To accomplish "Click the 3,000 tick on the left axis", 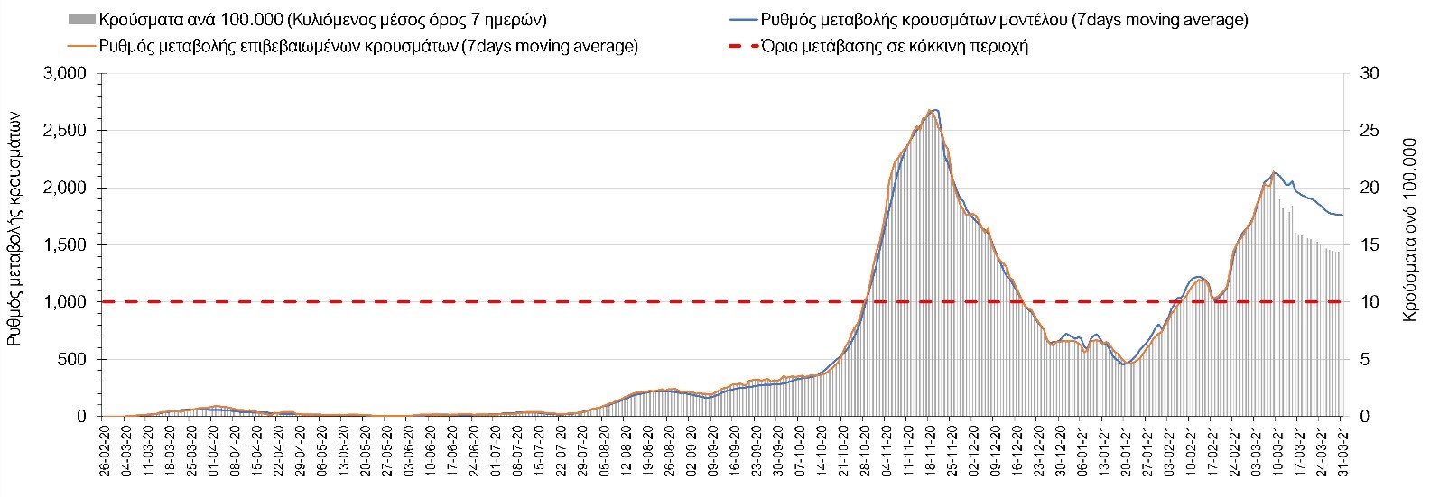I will pyautogui.click(x=66, y=74).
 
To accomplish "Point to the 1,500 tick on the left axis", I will pyautogui.click(x=66, y=245).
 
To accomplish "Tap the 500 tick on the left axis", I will pyautogui.click(x=72, y=360).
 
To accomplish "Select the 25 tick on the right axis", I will pyautogui.click(x=1365, y=131).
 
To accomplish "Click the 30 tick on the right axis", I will pyautogui.click(x=1365, y=74).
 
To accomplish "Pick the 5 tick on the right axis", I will pyautogui.click(x=1361, y=360).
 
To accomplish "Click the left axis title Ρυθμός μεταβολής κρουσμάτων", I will pyautogui.click(x=14, y=245).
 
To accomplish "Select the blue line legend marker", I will pyautogui.click(x=741, y=20).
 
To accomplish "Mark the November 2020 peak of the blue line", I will pyautogui.click(x=935, y=110).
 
